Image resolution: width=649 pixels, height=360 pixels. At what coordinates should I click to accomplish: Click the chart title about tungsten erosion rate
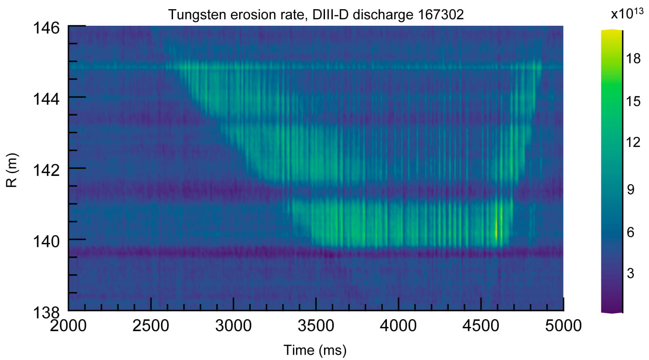click(316, 15)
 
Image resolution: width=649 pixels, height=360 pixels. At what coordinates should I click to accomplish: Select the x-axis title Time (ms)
click(315, 350)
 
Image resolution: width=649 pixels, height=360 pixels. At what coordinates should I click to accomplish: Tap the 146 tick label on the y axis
click(46, 28)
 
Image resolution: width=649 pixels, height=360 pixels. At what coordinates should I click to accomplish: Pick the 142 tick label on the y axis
click(46, 169)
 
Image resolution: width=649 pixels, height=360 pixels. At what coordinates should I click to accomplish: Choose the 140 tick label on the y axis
click(46, 240)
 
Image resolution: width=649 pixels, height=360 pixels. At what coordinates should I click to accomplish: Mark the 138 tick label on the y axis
click(46, 312)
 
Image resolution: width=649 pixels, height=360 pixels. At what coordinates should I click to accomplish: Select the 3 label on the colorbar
click(630, 274)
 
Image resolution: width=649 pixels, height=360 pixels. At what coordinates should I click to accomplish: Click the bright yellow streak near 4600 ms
click(496, 229)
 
